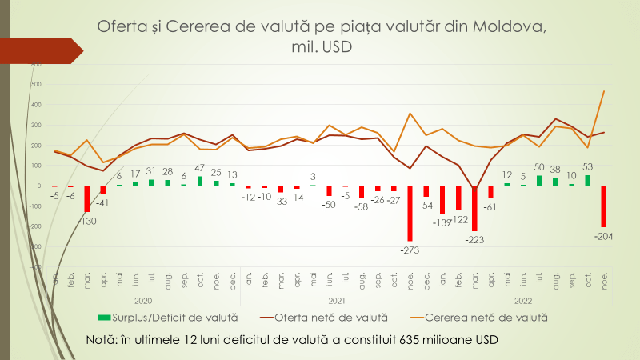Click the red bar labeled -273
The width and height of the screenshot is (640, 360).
[x=410, y=213]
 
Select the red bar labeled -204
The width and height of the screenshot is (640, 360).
[x=604, y=206]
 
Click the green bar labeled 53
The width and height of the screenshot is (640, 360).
[x=588, y=180]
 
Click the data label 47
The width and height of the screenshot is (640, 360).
[x=200, y=169]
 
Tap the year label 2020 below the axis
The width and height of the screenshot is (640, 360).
[x=143, y=301]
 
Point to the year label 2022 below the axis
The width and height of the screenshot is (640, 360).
[x=523, y=301]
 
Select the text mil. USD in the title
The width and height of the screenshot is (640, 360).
[x=320, y=47]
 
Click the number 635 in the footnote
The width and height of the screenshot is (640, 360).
[x=386, y=339]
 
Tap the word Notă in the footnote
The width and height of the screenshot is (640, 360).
[x=102, y=339]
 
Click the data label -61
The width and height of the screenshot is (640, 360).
[x=491, y=206]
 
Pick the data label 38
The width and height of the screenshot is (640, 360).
[x=555, y=169]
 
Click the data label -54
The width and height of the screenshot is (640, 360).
[x=426, y=205]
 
